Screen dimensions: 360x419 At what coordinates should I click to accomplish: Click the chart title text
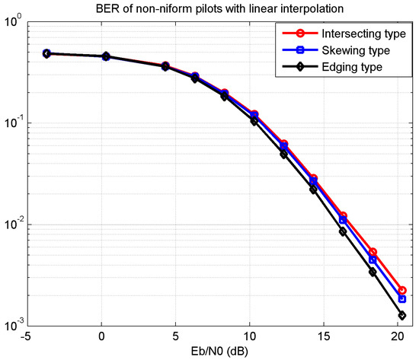click(219, 8)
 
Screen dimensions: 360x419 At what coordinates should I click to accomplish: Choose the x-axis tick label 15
click(324, 337)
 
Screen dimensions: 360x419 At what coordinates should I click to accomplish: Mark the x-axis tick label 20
click(398, 337)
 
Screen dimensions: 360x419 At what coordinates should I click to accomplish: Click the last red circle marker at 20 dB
click(402, 291)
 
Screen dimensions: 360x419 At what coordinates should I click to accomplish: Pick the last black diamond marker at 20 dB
click(402, 315)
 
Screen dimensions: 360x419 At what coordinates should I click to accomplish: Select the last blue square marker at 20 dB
click(402, 299)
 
